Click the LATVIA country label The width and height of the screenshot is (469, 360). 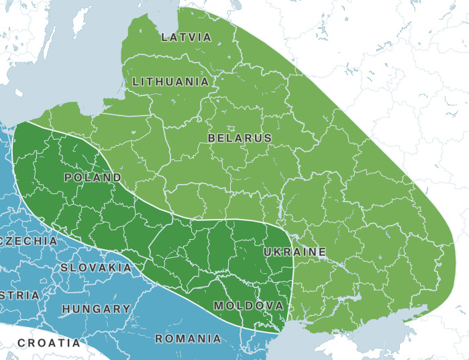(186, 38)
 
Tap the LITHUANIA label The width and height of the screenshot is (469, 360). (170, 82)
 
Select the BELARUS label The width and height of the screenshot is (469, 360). (240, 138)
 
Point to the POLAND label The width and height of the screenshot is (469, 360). (93, 178)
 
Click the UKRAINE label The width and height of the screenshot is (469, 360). (295, 252)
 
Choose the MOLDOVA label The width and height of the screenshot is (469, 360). (248, 306)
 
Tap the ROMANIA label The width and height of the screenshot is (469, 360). (188, 339)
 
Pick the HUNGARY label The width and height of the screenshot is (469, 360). (96, 309)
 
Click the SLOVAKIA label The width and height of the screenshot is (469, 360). (96, 267)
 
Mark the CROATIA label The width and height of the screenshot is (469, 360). (48, 343)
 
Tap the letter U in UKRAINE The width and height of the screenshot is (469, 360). (268, 252)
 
